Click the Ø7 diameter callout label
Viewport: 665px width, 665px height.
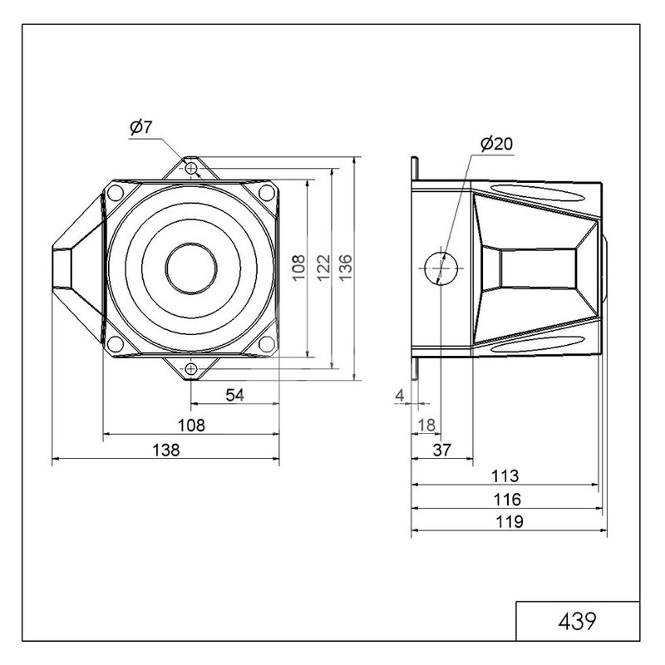tap(140, 127)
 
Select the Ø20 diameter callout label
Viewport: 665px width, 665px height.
tap(496, 144)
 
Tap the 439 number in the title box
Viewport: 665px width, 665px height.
tap(577, 621)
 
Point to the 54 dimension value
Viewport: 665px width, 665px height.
tap(234, 396)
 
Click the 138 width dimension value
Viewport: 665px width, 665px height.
tap(165, 450)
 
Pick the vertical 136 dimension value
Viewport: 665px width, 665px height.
tap(346, 267)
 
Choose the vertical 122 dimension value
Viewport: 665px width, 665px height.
tap(323, 268)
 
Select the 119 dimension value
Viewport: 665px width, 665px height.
tap(510, 522)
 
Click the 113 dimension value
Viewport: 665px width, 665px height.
tap(505, 475)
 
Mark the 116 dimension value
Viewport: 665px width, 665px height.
tap(507, 500)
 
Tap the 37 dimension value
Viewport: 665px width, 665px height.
tap(442, 450)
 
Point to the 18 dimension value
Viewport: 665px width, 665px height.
tap(426, 426)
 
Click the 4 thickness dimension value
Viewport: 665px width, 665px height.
tap(400, 396)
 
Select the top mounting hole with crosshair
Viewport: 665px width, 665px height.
tap(191, 169)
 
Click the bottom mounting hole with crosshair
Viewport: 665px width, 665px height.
tap(191, 369)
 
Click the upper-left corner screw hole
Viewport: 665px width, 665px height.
tap(116, 193)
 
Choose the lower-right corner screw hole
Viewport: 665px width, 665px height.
tap(267, 343)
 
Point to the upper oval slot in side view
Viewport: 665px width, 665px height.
tap(538, 192)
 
